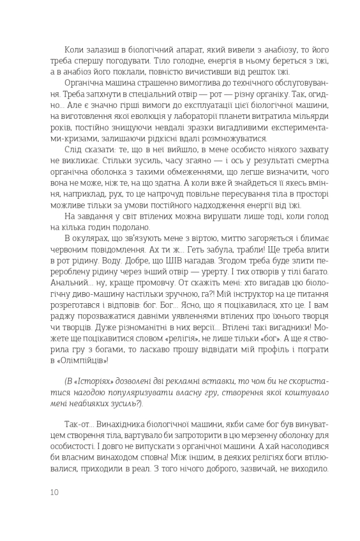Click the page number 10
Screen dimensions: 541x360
[54, 492]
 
